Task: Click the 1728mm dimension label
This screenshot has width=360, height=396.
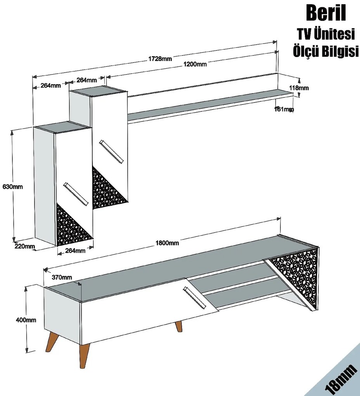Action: (160, 59)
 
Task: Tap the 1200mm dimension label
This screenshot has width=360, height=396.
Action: (195, 64)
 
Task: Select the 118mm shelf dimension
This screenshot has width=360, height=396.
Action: (299, 88)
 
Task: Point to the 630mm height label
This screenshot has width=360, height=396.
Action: (13, 187)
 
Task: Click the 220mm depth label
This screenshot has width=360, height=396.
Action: (25, 246)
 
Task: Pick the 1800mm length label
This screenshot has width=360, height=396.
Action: (167, 243)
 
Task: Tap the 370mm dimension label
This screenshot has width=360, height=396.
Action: (62, 277)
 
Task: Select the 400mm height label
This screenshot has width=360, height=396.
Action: (26, 320)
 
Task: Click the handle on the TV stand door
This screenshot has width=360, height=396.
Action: (194, 297)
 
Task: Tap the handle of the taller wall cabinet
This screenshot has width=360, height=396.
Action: (111, 152)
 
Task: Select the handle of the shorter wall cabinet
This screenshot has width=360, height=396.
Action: (76, 194)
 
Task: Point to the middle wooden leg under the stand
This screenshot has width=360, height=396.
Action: (178, 326)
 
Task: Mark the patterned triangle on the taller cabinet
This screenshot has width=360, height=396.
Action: (107, 190)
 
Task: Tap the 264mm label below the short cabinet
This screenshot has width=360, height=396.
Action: (75, 250)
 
